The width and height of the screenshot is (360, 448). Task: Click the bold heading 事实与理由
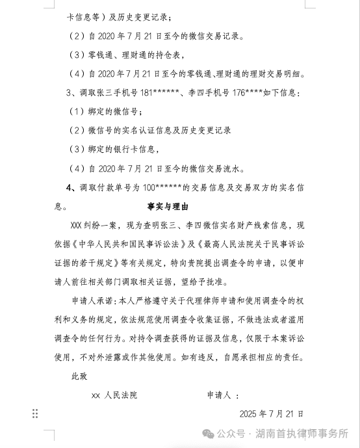click(x=166, y=207)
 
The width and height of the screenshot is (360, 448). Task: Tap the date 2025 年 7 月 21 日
click(x=272, y=413)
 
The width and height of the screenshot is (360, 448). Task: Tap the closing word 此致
click(x=79, y=376)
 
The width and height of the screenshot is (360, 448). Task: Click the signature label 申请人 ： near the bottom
click(x=223, y=395)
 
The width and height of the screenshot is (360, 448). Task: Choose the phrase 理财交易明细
click(x=272, y=74)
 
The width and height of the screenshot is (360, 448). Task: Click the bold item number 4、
click(x=72, y=188)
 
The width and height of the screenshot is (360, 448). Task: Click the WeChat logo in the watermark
click(x=206, y=433)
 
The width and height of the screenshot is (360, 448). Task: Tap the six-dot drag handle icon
click(x=35, y=414)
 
